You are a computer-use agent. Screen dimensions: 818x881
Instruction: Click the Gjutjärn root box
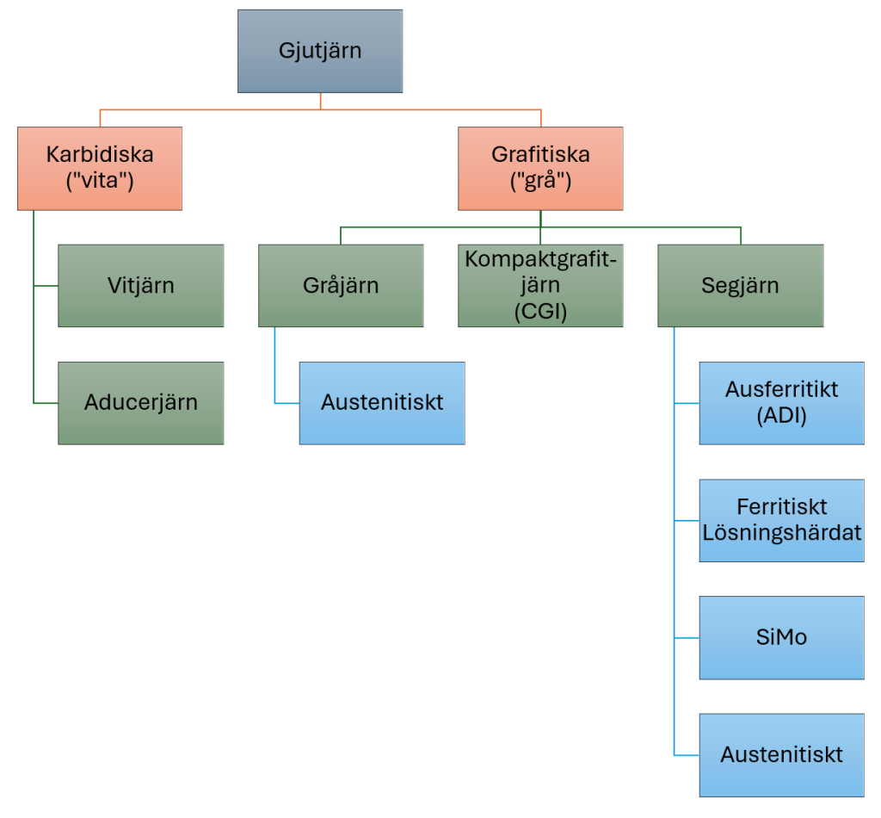320,51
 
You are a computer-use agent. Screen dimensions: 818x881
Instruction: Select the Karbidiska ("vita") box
100,168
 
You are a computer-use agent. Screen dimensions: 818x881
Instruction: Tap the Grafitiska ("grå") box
540,168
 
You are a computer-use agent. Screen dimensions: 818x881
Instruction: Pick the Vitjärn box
141,285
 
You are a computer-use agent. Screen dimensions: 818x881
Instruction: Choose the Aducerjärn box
141,402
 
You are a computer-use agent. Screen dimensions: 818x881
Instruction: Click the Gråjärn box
341,285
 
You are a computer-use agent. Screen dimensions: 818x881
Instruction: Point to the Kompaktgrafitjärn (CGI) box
540,285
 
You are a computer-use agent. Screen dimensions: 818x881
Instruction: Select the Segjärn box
740,285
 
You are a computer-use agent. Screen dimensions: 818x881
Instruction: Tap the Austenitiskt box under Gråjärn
382,402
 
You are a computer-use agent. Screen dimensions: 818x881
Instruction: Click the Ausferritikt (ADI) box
781,402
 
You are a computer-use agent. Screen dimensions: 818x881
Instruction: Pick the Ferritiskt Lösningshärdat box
781,520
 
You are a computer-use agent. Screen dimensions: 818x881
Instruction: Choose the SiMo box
781,637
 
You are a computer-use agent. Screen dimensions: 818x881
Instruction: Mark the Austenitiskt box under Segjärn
781,755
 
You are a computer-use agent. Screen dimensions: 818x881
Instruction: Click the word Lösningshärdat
781,532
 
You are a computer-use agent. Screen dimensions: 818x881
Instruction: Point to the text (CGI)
540,311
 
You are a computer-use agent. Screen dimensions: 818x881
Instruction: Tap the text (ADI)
781,414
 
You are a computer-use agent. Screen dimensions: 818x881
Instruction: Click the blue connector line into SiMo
687,638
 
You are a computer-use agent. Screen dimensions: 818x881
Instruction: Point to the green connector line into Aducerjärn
46,403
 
